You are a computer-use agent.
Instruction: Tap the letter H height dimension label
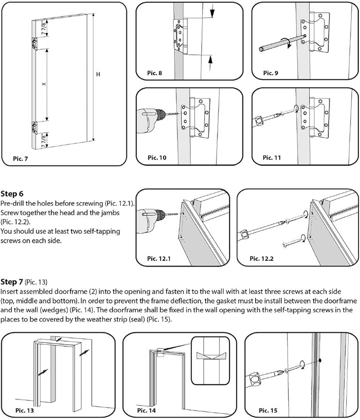(x=98, y=75)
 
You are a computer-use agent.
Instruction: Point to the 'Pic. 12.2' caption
(x=262, y=259)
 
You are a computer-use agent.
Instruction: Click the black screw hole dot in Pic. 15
(x=320, y=361)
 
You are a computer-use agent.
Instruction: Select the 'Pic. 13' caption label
(x=25, y=410)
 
